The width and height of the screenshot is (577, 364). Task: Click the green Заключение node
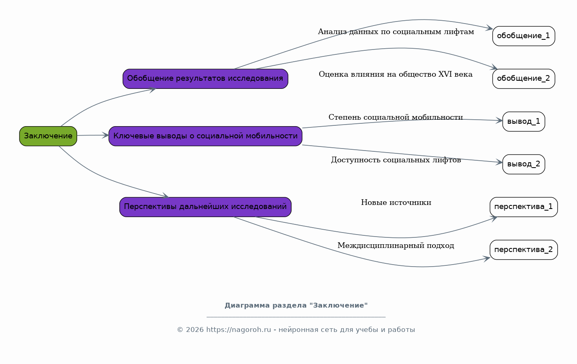[48, 136]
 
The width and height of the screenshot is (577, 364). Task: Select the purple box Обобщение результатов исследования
[205, 79]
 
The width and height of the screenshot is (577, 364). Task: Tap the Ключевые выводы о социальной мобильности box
[205, 136]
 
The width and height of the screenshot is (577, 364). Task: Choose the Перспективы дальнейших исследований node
[205, 207]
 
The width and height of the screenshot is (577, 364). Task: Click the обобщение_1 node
[524, 36]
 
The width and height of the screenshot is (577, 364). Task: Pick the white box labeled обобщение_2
[524, 79]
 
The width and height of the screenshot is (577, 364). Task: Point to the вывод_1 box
[524, 121]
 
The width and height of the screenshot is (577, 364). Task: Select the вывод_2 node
[524, 164]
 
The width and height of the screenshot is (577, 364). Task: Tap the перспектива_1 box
[524, 207]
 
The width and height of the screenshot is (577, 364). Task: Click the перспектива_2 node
[524, 250]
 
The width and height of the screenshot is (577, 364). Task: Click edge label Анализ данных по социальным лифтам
[396, 32]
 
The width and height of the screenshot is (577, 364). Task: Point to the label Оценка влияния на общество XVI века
[395, 74]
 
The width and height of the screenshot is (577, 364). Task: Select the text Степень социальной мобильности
[395, 117]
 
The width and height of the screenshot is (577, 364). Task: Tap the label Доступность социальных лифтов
[396, 160]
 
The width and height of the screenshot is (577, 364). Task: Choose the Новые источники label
[396, 202]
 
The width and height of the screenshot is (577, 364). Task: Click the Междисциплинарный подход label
[396, 246]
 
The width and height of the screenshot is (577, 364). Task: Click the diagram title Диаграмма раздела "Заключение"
[296, 306]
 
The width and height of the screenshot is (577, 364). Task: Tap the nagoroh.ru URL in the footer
[238, 330]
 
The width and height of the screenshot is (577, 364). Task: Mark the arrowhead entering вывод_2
[499, 162]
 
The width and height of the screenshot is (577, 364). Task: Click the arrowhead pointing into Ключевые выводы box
[105, 135]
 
